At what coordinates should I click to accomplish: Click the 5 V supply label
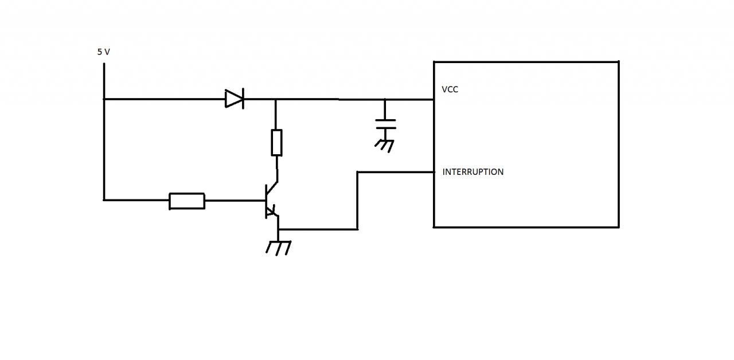click(x=103, y=52)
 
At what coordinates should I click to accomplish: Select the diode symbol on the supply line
click(x=235, y=99)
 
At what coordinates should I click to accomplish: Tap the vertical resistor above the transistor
click(x=276, y=143)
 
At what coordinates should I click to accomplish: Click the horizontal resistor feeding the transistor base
click(x=187, y=201)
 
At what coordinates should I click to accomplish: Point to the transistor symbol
click(x=271, y=201)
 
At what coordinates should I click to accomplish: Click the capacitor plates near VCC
click(x=385, y=124)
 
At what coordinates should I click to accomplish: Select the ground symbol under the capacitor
click(x=385, y=144)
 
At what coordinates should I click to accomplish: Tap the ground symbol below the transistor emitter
click(x=278, y=247)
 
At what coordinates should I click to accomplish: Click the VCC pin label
click(x=450, y=89)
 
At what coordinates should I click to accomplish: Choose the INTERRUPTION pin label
click(x=473, y=171)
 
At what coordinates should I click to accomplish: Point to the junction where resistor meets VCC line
click(x=276, y=99)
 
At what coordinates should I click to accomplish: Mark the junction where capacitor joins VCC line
click(x=385, y=99)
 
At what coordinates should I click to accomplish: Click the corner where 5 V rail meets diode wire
click(x=104, y=99)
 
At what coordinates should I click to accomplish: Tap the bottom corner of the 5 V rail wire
click(x=104, y=200)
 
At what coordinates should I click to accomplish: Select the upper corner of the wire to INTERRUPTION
click(x=357, y=172)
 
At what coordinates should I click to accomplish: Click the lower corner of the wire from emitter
click(x=357, y=229)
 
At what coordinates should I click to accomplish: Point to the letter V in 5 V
click(x=107, y=52)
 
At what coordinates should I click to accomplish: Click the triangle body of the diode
click(x=233, y=99)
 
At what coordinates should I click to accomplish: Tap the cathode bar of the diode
click(x=243, y=99)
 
